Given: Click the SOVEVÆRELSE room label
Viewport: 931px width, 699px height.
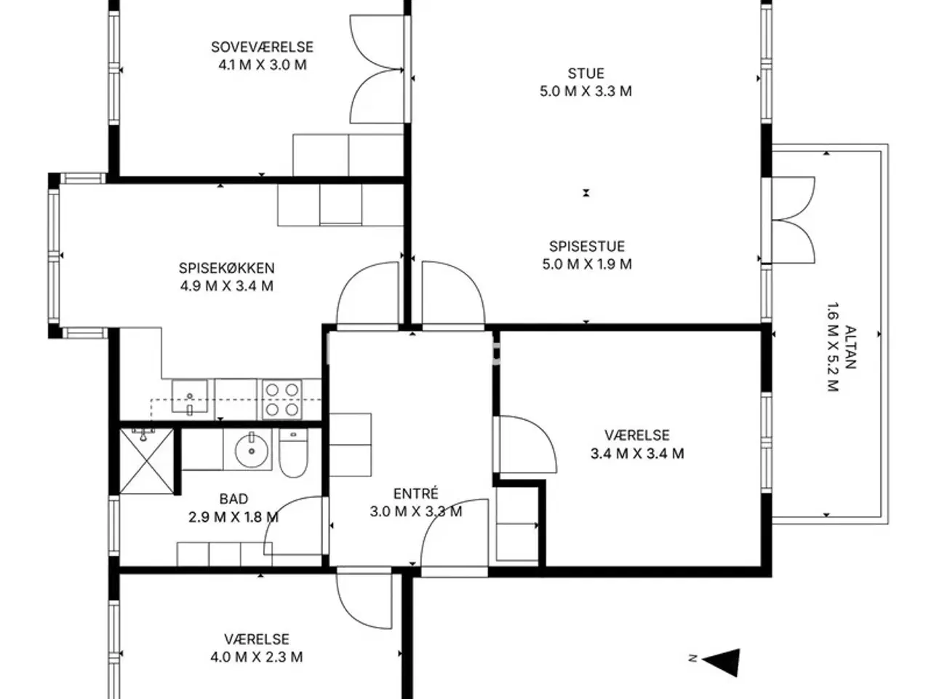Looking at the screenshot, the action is pos(262,47).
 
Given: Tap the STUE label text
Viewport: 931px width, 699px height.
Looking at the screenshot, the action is pos(586,74).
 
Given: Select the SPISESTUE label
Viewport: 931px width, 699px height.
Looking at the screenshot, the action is pos(586,246).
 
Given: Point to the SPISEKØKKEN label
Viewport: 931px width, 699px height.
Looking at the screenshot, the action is pos(226,268).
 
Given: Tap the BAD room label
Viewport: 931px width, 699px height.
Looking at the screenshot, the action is pos(233,499).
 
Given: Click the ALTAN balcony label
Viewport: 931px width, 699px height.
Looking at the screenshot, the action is pos(850,347).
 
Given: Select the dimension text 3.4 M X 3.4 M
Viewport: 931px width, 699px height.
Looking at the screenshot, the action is pos(637,454).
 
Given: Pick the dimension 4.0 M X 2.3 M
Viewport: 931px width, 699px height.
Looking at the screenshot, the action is pos(257,657).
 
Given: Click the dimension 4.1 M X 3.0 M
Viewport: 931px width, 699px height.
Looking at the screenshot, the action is pos(262,65).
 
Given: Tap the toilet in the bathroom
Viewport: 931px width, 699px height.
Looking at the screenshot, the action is pos(294,452).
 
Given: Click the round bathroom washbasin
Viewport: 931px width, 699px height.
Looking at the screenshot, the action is pos(252,450).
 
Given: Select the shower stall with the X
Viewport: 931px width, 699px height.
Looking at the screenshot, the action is pos(147,462).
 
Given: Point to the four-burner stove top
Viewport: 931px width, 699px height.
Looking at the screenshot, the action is pos(282,399).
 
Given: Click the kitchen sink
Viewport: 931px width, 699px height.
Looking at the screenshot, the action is pos(190,396).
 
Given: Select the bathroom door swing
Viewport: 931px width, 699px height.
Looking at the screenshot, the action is pos(295,526).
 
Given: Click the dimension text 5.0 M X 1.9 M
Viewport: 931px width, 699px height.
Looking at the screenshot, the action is pos(586,264).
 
